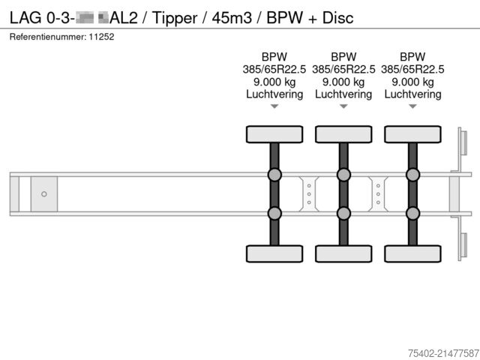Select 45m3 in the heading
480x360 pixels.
point(229,16)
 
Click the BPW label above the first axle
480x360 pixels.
point(274,57)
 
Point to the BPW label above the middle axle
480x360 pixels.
point(343,57)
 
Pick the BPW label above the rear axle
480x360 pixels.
point(412,57)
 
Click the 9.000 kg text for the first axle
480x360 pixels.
point(274,82)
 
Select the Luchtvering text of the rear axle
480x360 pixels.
point(412,94)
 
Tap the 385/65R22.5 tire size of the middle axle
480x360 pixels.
point(343,70)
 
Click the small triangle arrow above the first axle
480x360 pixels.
point(274,107)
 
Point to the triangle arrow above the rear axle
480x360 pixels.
point(412,107)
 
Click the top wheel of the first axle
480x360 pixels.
point(274,134)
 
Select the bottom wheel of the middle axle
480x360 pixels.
point(343,253)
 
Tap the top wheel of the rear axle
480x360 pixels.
point(412,134)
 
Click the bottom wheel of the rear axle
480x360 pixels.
point(412,253)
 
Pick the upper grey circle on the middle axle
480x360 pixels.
point(343,175)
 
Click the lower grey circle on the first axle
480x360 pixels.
point(274,213)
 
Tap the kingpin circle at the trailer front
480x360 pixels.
point(44,194)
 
